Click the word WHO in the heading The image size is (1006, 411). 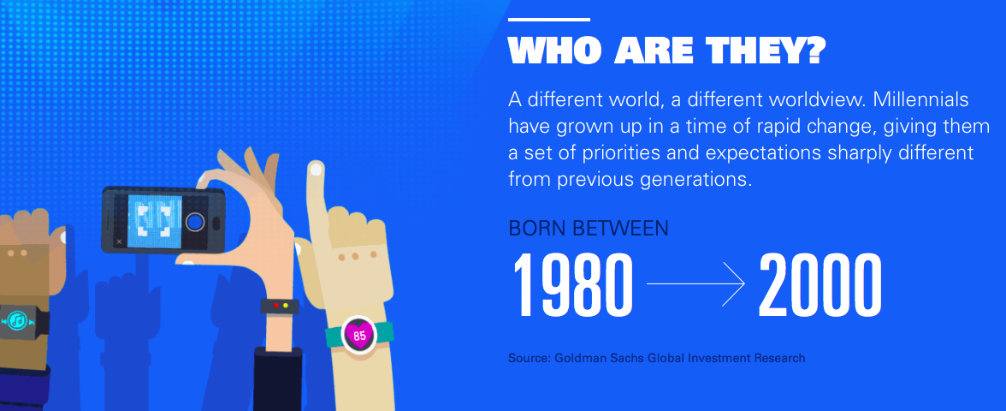[556, 50]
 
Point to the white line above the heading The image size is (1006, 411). [548, 19]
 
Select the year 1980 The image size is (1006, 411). [571, 285]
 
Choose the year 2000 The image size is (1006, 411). [820, 285]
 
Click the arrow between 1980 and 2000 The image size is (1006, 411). [695, 283]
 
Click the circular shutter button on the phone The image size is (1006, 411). [195, 223]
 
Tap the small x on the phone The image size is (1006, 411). [119, 241]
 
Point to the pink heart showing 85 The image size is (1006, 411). [359, 335]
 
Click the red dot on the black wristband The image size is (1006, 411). [275, 305]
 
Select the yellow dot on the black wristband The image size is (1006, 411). [286, 306]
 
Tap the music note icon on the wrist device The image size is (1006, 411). [17, 320]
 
